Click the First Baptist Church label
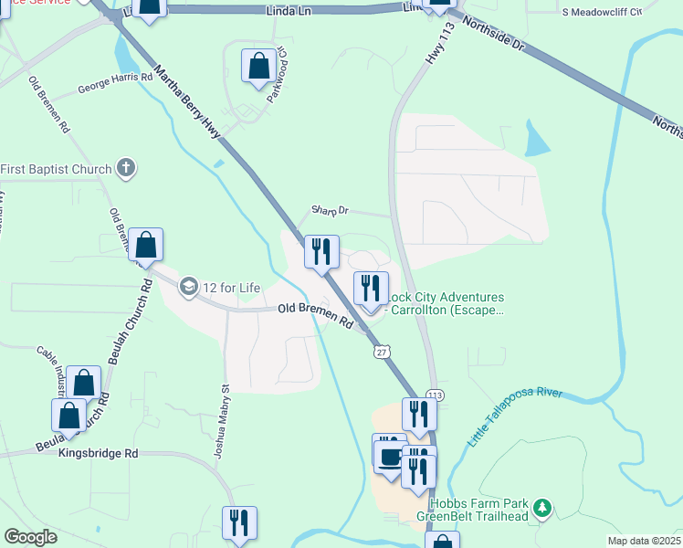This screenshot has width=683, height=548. point(56,169)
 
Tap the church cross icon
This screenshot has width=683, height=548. point(126,169)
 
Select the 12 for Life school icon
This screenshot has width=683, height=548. point(189,287)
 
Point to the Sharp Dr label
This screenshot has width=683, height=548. point(330,210)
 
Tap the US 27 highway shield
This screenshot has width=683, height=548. point(379,350)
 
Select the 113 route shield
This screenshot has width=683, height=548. point(435,395)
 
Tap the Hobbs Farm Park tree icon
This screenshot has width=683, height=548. point(543,506)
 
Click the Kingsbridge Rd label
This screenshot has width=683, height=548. point(98,453)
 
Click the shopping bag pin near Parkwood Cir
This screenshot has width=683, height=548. point(259,66)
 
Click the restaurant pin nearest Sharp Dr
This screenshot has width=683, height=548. point(321,251)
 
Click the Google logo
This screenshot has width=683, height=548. point(30,537)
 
